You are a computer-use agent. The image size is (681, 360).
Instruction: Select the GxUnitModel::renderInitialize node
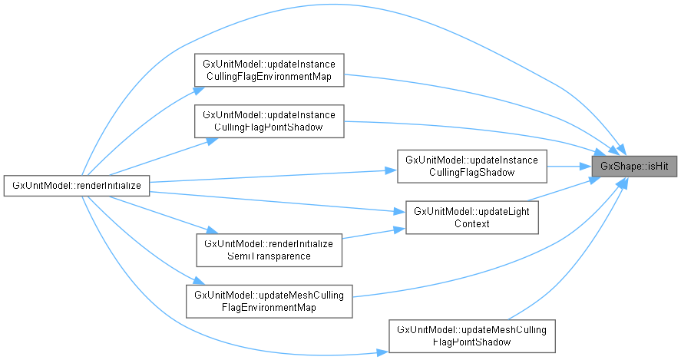[75, 186]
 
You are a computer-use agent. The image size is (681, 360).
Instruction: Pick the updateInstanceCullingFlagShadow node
[471, 166]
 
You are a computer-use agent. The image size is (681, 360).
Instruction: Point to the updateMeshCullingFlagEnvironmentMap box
[269, 300]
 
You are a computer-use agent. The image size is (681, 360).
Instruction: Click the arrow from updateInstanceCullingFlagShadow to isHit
[569, 164]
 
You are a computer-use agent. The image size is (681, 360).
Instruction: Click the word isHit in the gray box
[651, 166]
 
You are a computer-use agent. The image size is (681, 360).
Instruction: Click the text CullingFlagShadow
[471, 172]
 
